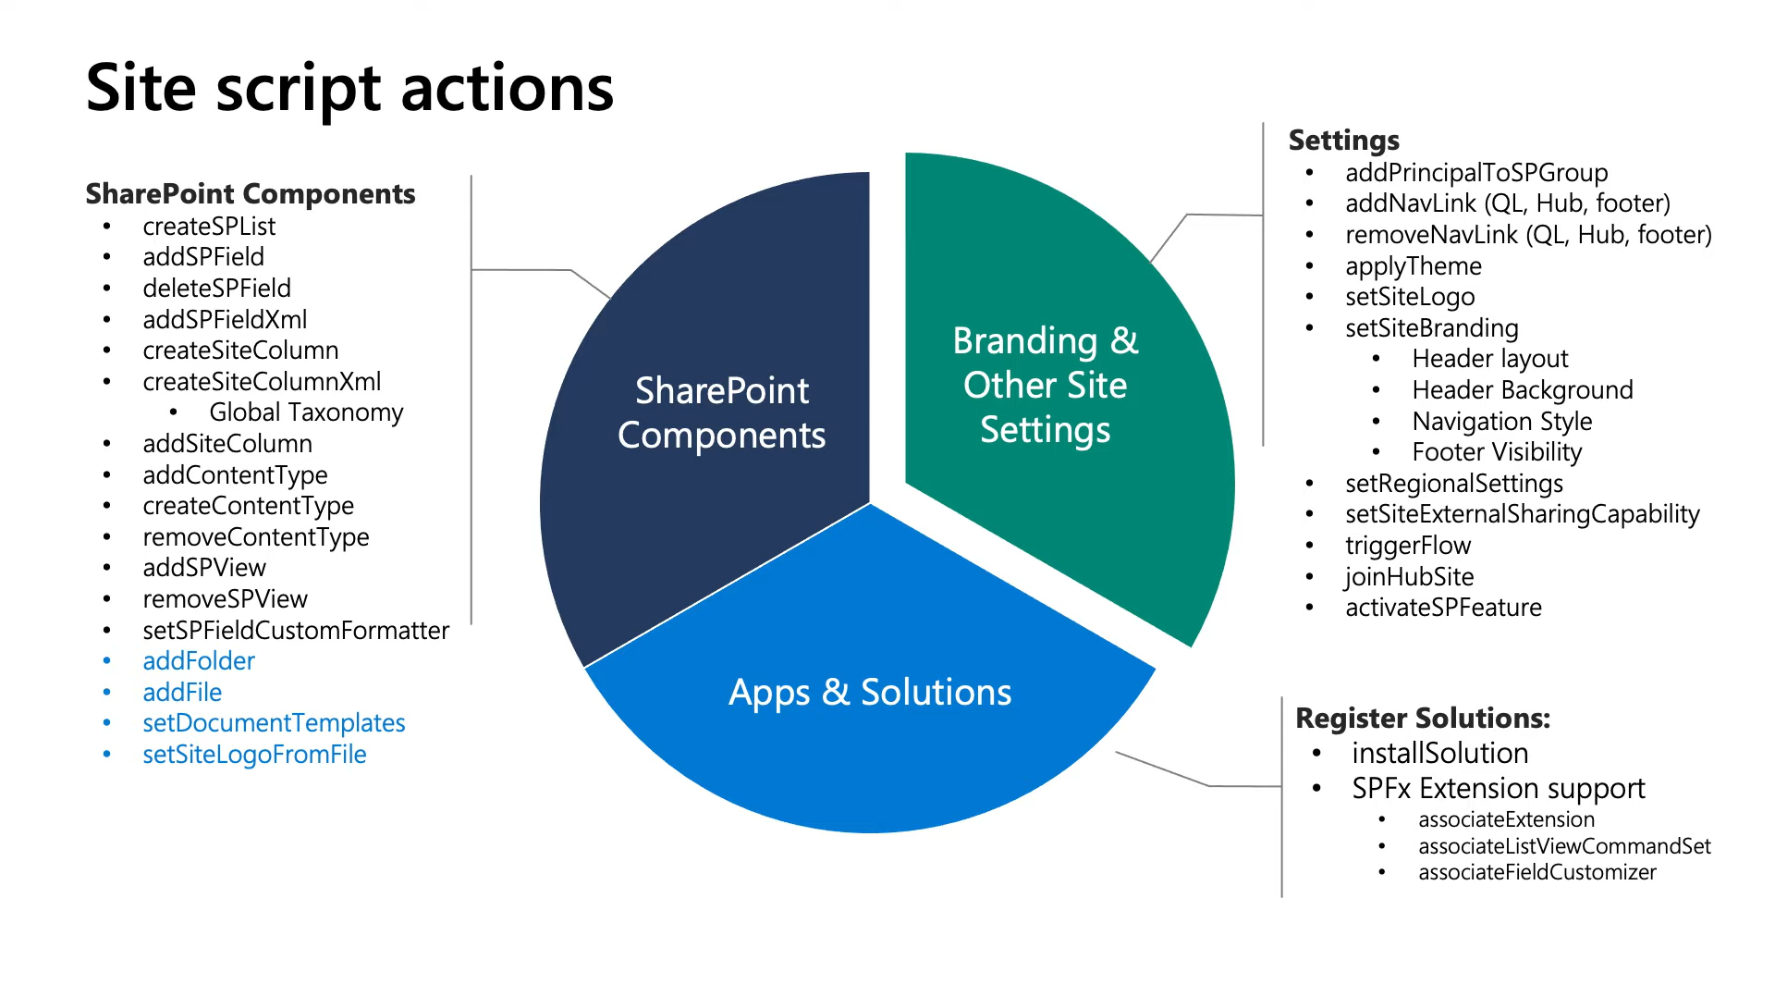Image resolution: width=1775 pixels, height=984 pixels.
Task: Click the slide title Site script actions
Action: [x=349, y=89]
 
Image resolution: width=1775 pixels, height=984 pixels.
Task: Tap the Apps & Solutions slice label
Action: [x=869, y=692]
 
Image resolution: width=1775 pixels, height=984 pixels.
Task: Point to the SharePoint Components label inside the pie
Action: [x=721, y=412]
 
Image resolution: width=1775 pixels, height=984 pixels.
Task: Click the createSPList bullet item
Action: [x=209, y=227]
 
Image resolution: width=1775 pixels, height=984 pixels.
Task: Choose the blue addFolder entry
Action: [x=199, y=661]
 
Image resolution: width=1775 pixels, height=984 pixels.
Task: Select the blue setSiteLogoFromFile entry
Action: [x=254, y=755]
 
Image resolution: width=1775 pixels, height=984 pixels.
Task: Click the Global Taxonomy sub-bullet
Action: [x=306, y=412]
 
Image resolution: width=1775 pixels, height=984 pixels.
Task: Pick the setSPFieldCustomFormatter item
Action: [x=296, y=631]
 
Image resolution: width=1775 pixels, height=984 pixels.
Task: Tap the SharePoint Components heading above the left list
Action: [x=251, y=194]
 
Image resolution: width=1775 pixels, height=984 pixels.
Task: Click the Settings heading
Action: [x=1343, y=141]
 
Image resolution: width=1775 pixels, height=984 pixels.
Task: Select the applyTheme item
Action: [x=1413, y=266]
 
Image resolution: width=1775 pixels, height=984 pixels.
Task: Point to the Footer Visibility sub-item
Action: [x=1497, y=452]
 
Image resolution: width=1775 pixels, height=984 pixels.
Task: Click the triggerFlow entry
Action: [x=1407, y=546]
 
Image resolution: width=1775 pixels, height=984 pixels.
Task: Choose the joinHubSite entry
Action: [x=1409, y=577]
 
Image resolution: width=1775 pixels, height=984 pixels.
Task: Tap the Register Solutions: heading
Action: [x=1422, y=719]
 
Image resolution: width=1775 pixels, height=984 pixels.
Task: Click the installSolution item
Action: [x=1439, y=754]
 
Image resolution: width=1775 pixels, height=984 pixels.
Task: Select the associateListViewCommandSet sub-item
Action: [x=1564, y=846]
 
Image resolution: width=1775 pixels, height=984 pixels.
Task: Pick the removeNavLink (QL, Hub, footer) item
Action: [x=1528, y=235]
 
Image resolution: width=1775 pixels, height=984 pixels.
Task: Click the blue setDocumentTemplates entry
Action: [x=274, y=723]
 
